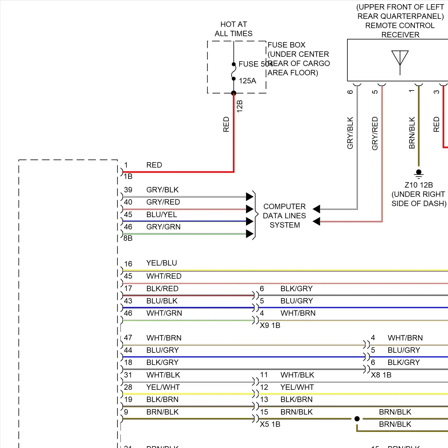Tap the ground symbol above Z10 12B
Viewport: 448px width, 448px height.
pos(419,173)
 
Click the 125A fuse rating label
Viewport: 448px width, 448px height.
pos(247,81)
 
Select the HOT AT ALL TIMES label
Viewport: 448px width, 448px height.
pos(234,29)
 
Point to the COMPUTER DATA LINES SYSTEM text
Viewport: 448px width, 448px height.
pos(284,216)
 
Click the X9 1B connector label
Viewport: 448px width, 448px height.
pos(270,325)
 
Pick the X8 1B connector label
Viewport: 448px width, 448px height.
pos(381,375)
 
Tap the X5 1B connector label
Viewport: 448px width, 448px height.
pos(270,424)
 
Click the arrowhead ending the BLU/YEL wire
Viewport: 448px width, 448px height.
pos(250,221)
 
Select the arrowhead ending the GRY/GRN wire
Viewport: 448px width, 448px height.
pos(250,234)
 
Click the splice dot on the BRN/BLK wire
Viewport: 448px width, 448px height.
pos(357,419)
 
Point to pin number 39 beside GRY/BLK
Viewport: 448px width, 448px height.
pos(128,190)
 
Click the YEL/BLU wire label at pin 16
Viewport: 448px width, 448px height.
pos(162,263)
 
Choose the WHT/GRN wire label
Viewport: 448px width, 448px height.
pos(164,313)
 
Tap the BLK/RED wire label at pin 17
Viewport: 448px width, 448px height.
pos(162,289)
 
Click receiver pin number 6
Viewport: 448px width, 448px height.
pos(350,92)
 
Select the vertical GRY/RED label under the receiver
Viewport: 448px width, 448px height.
pos(375,133)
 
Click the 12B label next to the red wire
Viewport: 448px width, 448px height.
pos(240,106)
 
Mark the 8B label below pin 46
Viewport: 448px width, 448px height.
pos(128,238)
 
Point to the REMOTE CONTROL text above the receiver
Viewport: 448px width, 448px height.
pos(400,25)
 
